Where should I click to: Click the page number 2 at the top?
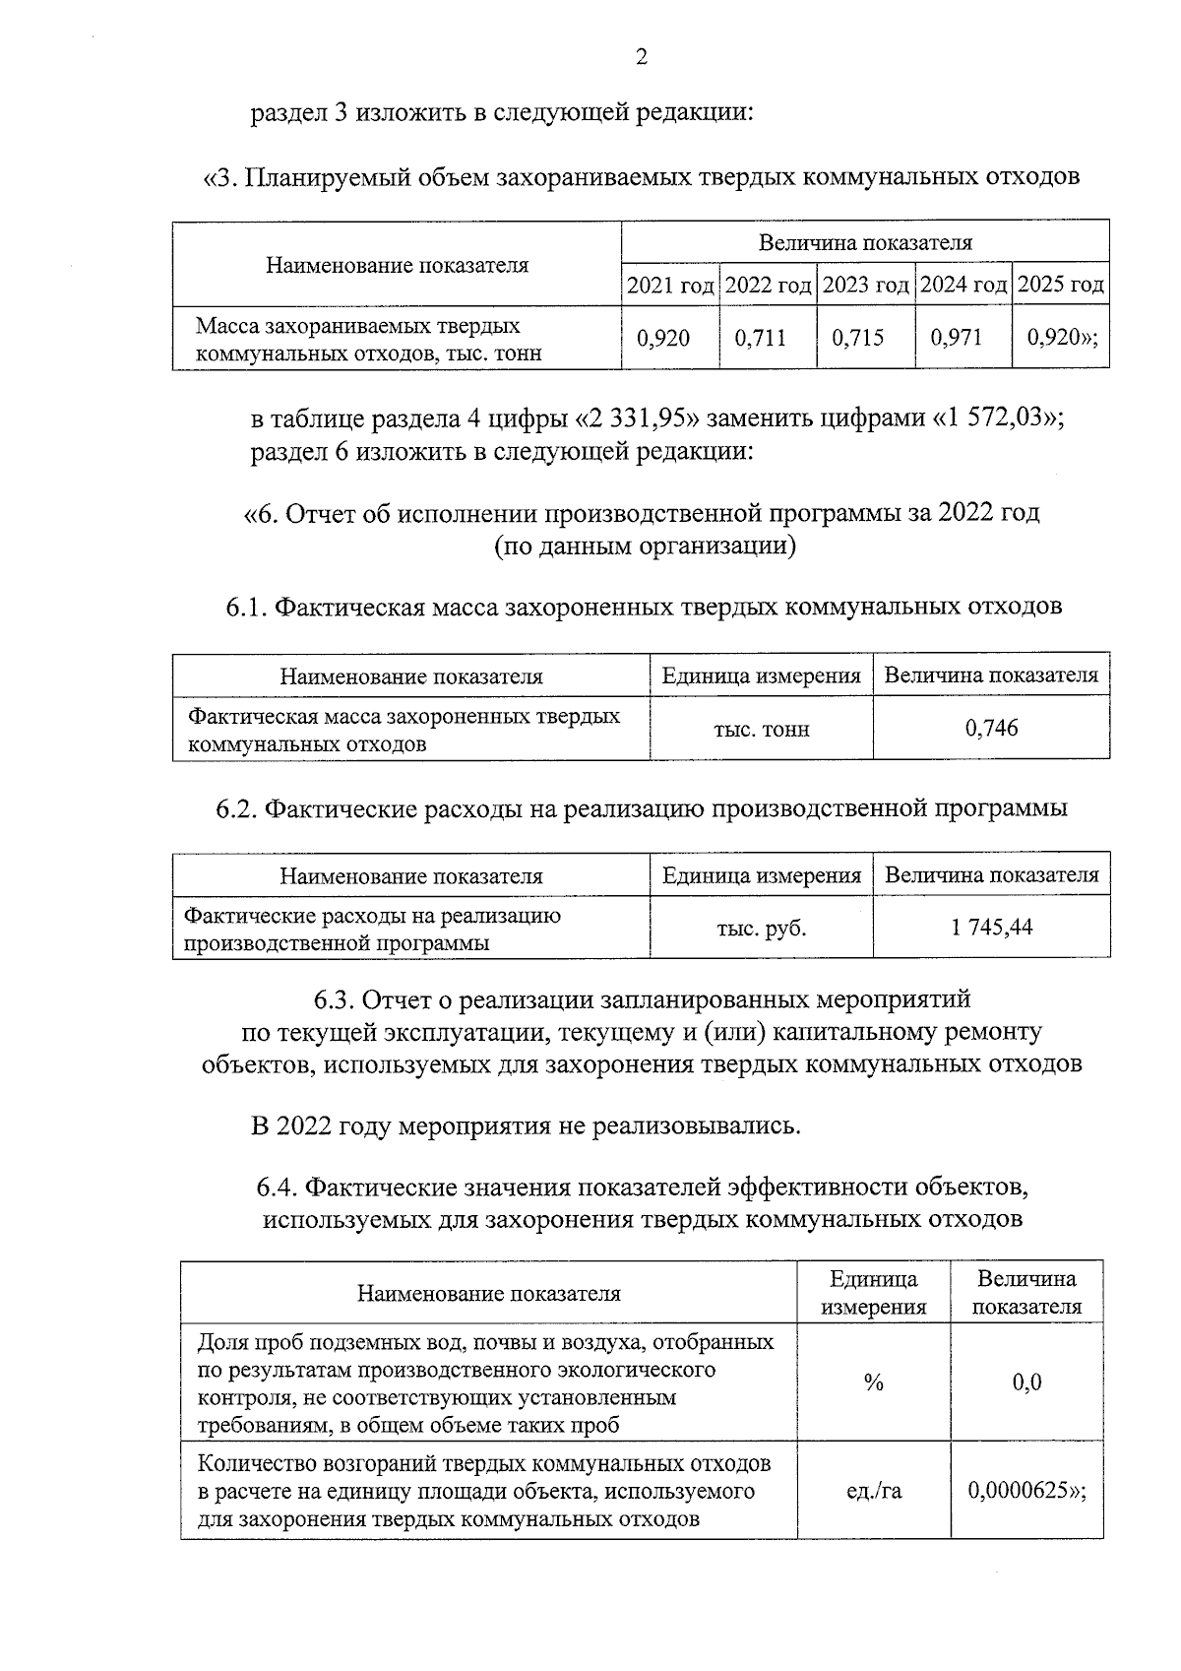(x=641, y=58)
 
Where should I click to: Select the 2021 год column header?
(x=670, y=286)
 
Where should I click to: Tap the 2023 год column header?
(x=865, y=286)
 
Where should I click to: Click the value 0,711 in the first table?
(x=761, y=339)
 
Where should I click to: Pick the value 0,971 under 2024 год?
(x=957, y=339)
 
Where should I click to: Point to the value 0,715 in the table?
(x=858, y=339)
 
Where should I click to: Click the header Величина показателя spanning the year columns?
(x=865, y=242)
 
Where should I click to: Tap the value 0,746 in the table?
(x=991, y=729)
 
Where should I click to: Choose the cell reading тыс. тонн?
(x=761, y=730)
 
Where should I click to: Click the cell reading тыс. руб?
(x=761, y=929)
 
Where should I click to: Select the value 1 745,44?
(x=991, y=928)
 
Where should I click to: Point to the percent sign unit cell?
(x=873, y=1383)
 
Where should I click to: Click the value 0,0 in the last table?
(x=1026, y=1383)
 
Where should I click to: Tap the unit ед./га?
(x=874, y=1492)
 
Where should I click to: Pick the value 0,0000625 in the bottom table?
(x=1021, y=1492)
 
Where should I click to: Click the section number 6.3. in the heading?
(x=334, y=1001)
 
